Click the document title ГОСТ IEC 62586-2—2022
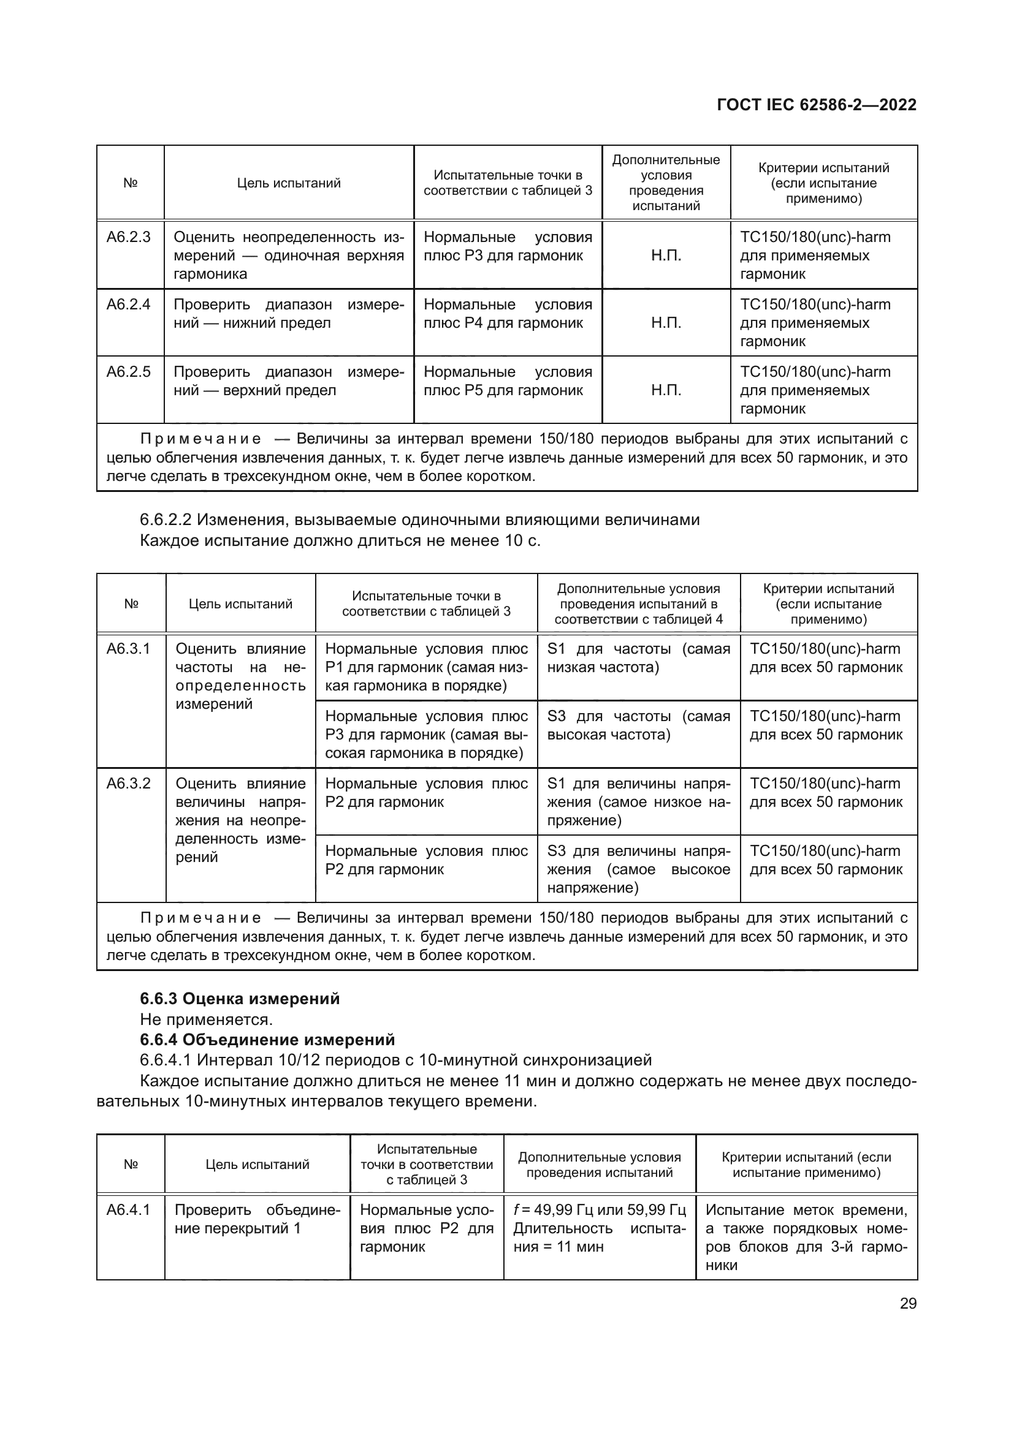(817, 105)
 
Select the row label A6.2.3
(129, 237)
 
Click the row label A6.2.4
(129, 304)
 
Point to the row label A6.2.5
(129, 372)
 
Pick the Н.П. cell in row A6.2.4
(666, 323)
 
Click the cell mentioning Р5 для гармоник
(508, 381)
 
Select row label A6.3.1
(129, 648)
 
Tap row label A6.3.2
(129, 784)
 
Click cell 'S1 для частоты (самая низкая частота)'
(638, 658)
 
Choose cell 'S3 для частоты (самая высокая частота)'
(638, 725)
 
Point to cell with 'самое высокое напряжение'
(638, 869)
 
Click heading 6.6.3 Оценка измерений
(240, 999)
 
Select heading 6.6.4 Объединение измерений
(267, 1040)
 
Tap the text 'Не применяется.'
(206, 1019)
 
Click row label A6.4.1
(129, 1210)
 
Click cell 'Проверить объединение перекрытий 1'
(257, 1219)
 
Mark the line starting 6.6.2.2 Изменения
(419, 520)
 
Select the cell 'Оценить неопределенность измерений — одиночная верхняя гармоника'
(289, 255)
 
